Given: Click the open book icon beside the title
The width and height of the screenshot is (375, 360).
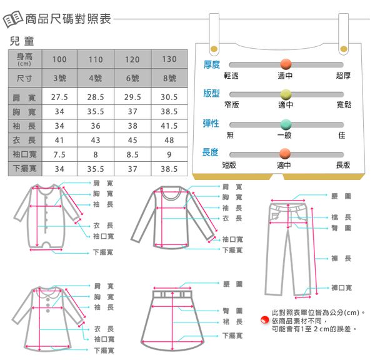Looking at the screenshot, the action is coord(12,19).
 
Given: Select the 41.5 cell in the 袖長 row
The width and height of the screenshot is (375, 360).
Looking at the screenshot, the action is coord(169,126).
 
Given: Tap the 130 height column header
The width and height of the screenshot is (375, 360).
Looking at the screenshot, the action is coord(169,59).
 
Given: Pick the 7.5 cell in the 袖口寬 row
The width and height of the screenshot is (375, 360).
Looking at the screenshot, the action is coord(59,154).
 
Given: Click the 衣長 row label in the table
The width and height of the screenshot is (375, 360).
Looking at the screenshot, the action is coord(24,140).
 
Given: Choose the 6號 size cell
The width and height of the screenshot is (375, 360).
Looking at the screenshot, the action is coord(132,78).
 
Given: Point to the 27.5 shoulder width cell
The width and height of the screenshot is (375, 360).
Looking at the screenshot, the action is coord(59,97).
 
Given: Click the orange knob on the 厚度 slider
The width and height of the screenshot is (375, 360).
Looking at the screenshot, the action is coord(286,64).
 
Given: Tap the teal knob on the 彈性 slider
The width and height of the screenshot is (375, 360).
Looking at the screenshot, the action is coord(286,124).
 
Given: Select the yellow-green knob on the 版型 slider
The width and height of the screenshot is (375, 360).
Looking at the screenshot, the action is coord(286,94).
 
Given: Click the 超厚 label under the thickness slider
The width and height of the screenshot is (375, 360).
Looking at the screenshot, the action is coord(343,76).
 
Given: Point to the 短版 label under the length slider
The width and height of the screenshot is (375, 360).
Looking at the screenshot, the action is coord(229,165).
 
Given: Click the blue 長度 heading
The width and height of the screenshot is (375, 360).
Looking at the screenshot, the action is coord(210,152).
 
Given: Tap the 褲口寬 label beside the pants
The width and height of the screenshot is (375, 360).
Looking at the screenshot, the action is coord(341,287).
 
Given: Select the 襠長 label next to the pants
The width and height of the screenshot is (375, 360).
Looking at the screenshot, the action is coord(341,217).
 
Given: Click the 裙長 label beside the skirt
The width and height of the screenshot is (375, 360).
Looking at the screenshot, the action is coord(232,322).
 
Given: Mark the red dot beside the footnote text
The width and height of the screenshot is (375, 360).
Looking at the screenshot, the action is coord(265,320).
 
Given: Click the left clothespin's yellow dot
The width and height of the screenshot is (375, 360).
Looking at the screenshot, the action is coord(214,49).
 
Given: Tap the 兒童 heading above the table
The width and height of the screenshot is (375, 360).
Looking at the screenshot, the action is coord(22,41).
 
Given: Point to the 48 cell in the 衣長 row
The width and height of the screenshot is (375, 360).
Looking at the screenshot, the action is coord(169,140).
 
